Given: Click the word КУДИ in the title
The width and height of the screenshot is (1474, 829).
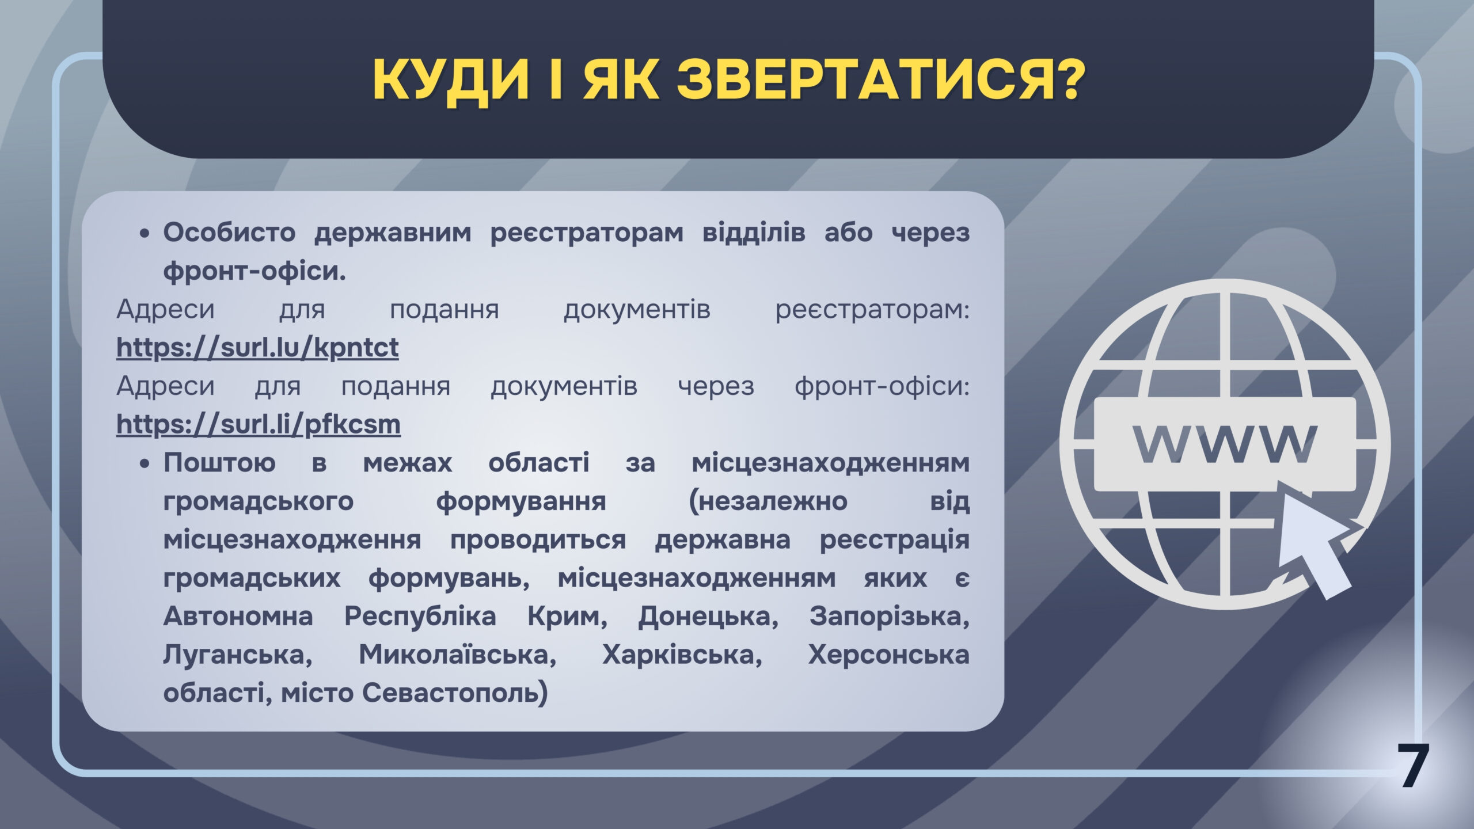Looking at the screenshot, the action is click(451, 81).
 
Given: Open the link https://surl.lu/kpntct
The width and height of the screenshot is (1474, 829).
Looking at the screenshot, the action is click(257, 347).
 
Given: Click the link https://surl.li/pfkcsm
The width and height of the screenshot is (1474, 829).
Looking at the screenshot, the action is click(259, 424).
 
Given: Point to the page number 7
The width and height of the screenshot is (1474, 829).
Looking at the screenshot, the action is click(1414, 766).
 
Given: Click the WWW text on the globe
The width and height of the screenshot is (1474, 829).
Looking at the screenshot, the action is click(1225, 444).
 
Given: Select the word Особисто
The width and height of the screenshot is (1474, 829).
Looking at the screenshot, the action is click(229, 233).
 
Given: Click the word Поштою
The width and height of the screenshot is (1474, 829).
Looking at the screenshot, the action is click(219, 463).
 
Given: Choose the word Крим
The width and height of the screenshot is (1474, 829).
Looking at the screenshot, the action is click(568, 617).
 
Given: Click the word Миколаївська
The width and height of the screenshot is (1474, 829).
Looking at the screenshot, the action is click(458, 655).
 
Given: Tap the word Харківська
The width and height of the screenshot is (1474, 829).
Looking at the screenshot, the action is click(682, 655).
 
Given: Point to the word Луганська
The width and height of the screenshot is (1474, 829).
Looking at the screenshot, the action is click(238, 655).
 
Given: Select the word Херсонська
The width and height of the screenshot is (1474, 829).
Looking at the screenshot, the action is click(889, 655).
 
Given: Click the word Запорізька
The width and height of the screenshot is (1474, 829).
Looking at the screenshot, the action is click(890, 617).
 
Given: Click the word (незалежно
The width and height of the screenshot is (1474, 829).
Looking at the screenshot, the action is click(768, 501).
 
